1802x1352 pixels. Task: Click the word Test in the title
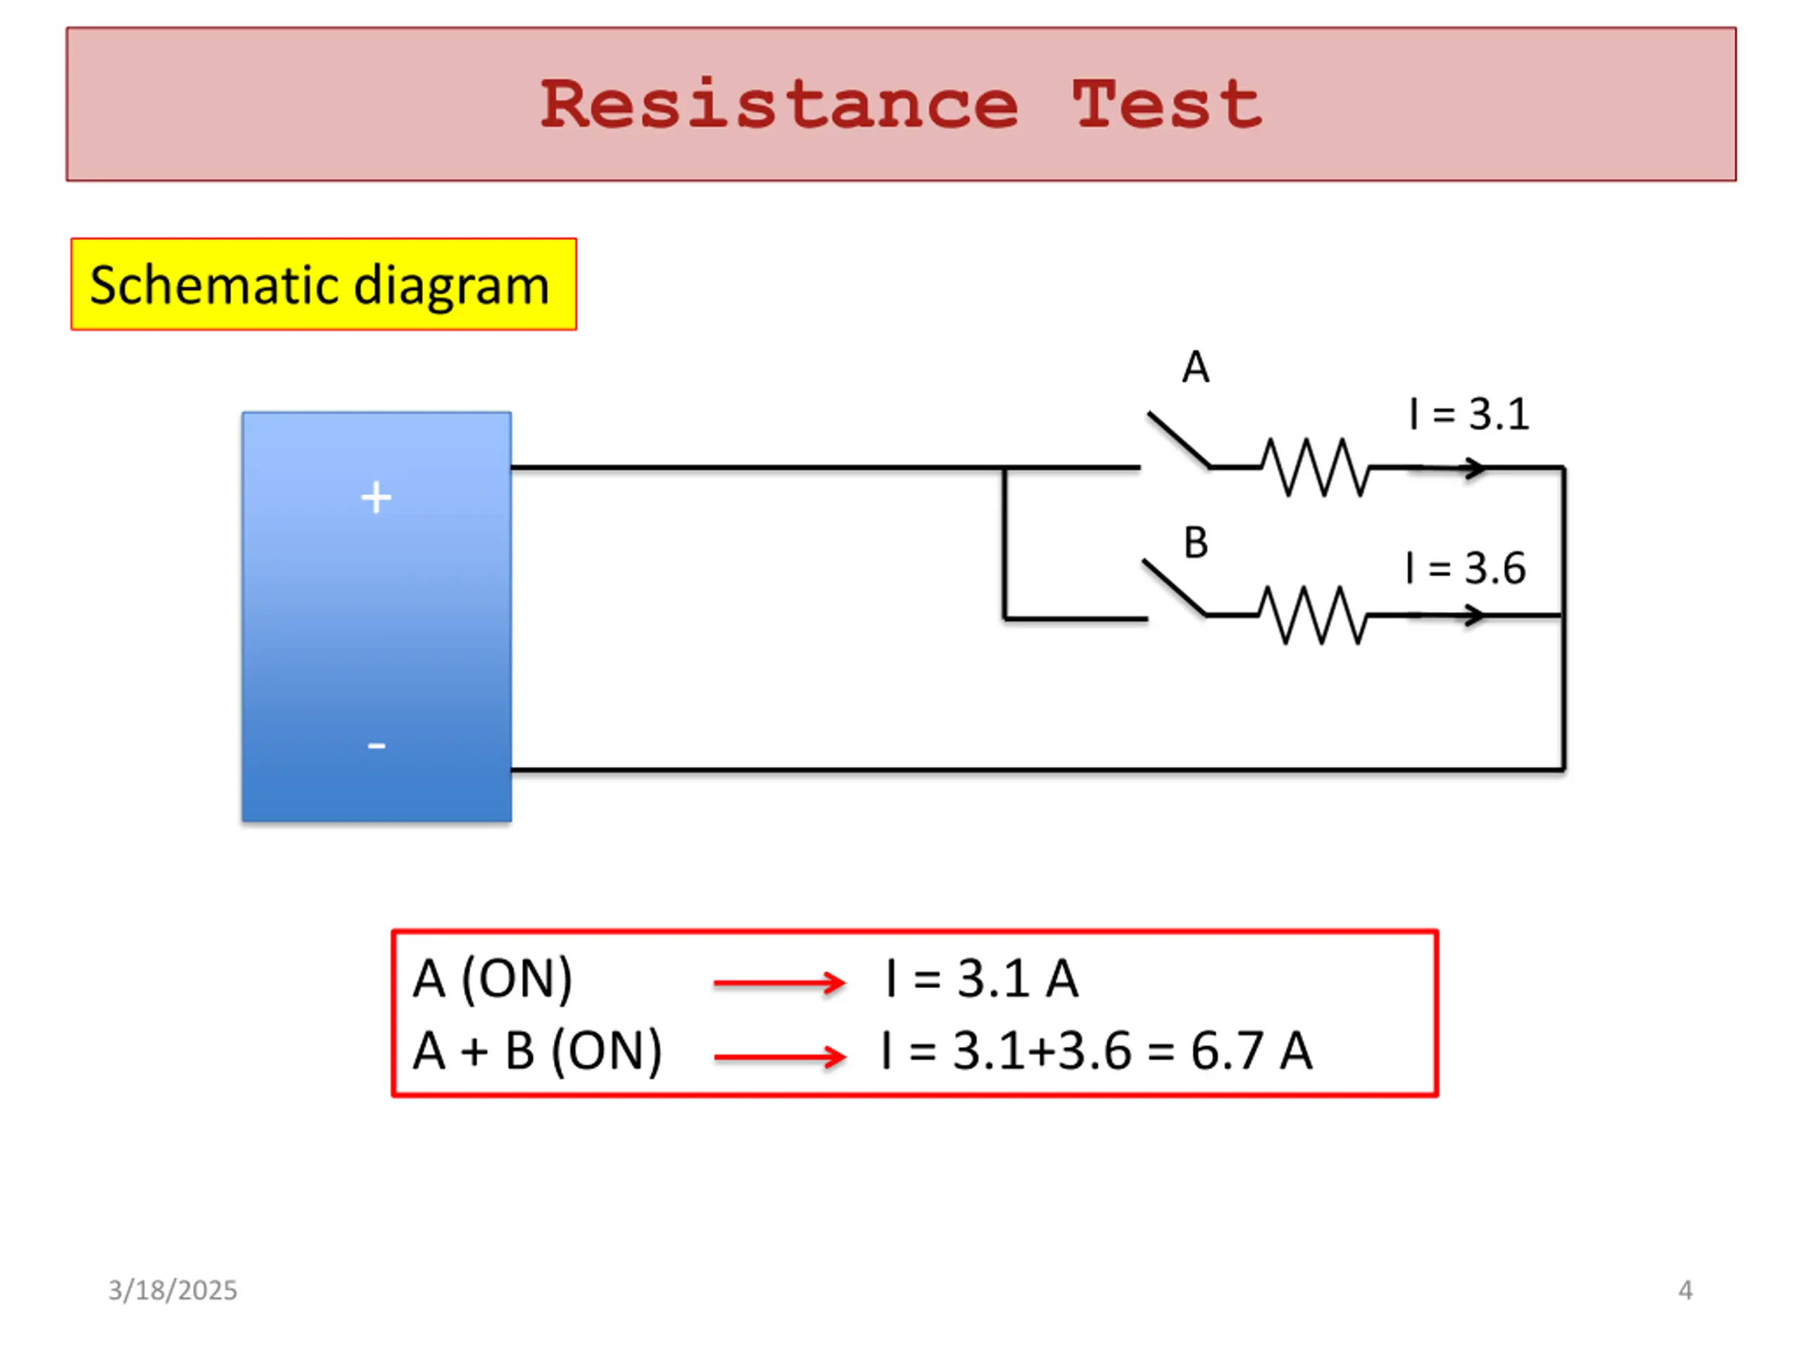point(1166,104)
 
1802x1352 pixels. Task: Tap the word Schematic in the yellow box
point(213,285)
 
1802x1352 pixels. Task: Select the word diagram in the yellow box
point(452,285)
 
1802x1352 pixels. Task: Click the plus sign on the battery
point(376,497)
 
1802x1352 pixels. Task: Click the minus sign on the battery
point(377,746)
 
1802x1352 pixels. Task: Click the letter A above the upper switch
point(1196,368)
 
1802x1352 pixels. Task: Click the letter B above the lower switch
point(1196,543)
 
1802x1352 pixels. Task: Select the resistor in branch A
point(1315,468)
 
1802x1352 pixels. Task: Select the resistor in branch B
point(1311,615)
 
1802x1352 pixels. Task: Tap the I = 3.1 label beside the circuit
point(1469,414)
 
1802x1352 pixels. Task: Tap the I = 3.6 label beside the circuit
point(1466,568)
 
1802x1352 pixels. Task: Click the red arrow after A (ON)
point(780,983)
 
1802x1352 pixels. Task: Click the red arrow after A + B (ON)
point(780,1057)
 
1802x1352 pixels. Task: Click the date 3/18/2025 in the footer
point(172,1290)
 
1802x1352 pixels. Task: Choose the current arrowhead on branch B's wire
point(1475,615)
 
